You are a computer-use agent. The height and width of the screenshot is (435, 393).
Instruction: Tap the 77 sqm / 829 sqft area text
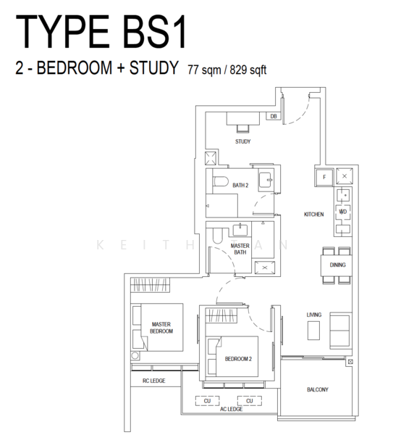(x=227, y=70)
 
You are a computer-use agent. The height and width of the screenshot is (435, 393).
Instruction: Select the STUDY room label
(x=242, y=141)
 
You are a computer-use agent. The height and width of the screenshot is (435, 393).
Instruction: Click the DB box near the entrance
(x=274, y=116)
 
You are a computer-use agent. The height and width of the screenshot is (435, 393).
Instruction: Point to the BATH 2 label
(x=240, y=186)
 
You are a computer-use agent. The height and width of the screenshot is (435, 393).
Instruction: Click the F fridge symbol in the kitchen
(x=324, y=177)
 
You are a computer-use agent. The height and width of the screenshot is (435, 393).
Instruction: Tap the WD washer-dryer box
(x=343, y=212)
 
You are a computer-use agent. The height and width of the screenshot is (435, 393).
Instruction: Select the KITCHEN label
(x=313, y=215)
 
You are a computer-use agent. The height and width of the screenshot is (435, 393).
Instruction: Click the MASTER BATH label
(x=240, y=250)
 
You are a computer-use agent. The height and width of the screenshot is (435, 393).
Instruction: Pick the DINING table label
(x=337, y=265)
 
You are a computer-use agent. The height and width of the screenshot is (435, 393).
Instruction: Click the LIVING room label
(x=313, y=315)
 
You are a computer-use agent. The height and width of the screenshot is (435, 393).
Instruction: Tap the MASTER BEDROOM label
(x=161, y=328)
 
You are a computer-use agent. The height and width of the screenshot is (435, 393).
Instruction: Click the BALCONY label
(x=317, y=389)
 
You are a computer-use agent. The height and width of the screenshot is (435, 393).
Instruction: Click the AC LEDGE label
(x=231, y=410)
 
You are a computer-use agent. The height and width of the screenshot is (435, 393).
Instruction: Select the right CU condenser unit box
(x=249, y=400)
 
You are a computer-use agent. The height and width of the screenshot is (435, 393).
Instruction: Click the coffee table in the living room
(x=313, y=331)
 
